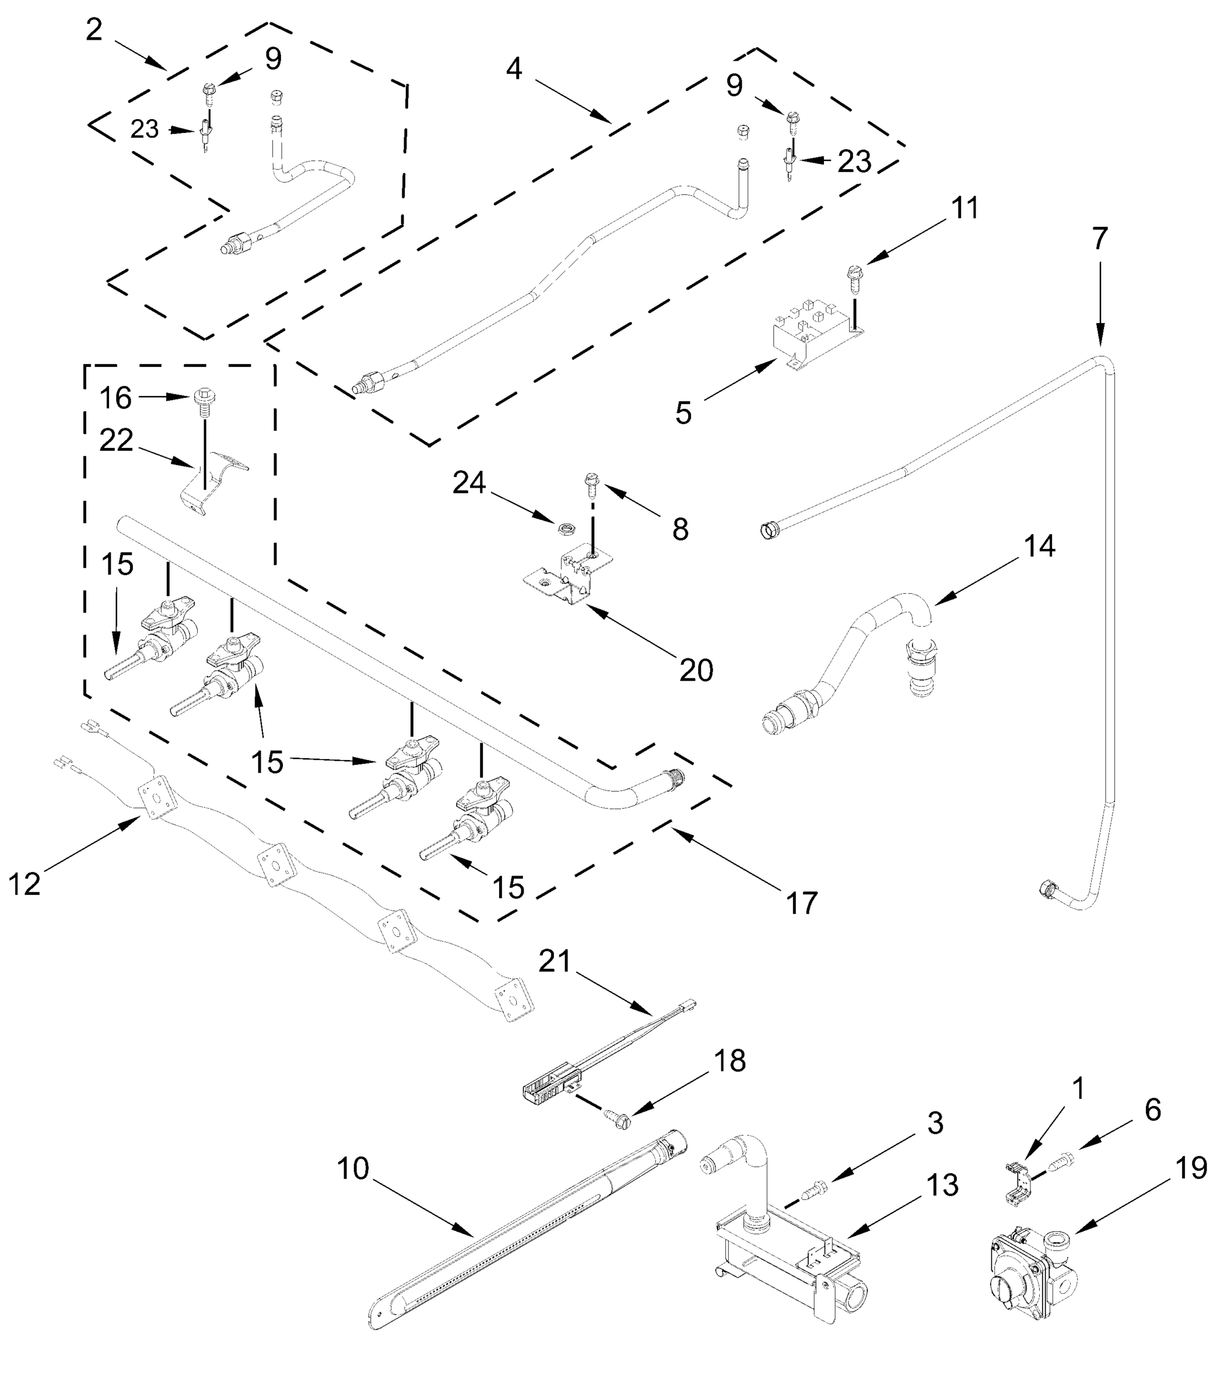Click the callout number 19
coord(1192,1168)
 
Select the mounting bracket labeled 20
coord(569,578)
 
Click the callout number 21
coord(554,961)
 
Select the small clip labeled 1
coord(1019,1182)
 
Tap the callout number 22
coord(116,440)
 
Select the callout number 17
coord(802,902)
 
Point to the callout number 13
coord(942,1185)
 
